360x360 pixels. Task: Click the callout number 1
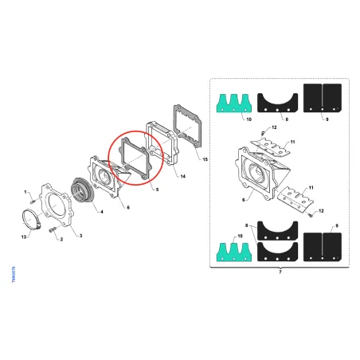click(25, 192)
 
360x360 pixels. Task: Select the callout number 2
click(60, 239)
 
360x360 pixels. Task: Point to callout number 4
click(102, 213)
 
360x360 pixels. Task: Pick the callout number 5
click(157, 190)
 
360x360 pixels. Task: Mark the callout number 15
click(205, 159)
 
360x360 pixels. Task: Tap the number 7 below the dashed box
click(280, 272)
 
